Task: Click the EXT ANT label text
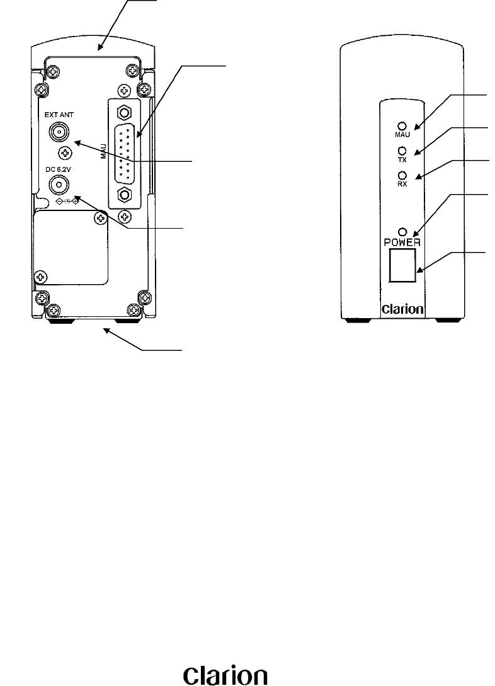click(60, 115)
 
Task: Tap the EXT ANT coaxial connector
click(59, 132)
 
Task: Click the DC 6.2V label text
click(59, 168)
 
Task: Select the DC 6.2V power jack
click(59, 183)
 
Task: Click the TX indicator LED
click(401, 151)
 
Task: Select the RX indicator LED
click(401, 176)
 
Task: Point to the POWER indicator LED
click(401, 232)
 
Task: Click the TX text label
click(401, 160)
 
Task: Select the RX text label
click(401, 185)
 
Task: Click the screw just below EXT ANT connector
click(63, 152)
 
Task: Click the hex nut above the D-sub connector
click(125, 113)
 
